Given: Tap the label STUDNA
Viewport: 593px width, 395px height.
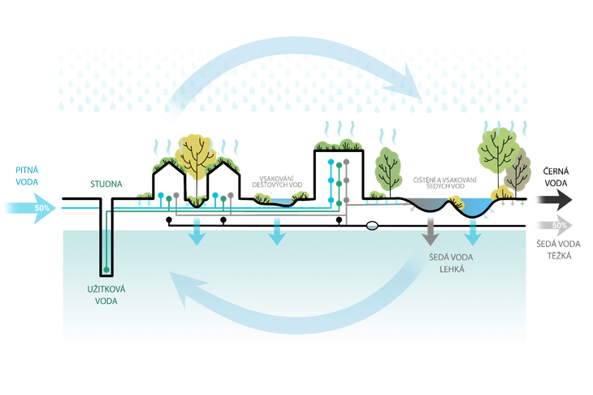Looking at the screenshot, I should pos(106,184).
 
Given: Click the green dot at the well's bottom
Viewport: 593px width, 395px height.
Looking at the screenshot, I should pos(106,269).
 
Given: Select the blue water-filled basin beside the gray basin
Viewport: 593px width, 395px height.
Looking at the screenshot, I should pos(474,209).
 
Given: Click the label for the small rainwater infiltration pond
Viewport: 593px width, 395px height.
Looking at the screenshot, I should pos(280,182).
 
